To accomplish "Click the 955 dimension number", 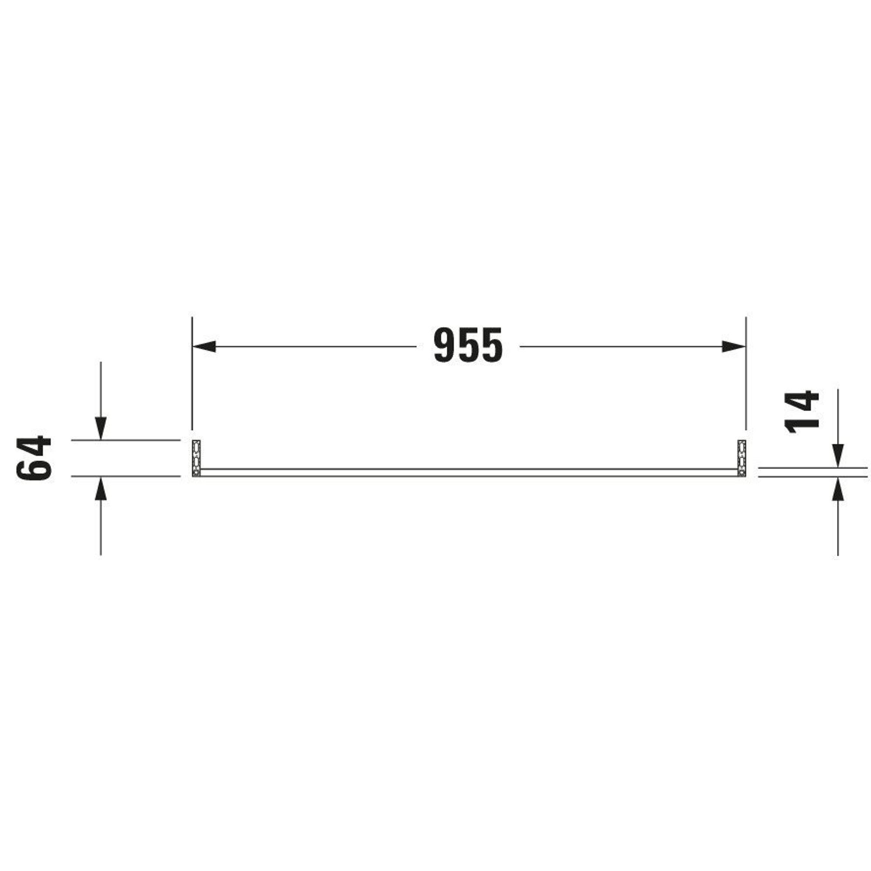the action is [468, 345].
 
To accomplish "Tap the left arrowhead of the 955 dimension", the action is [204, 346].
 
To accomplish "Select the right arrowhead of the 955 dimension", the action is [734, 346].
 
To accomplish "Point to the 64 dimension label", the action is [34, 458].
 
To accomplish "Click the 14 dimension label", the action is [802, 412].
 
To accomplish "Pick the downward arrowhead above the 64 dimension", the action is [101, 428].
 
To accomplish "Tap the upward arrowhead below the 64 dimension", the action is [101, 488].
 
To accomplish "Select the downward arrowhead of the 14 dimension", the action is [837, 456].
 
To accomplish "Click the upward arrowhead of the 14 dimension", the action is [837, 488].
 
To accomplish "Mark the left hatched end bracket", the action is [196, 458].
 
